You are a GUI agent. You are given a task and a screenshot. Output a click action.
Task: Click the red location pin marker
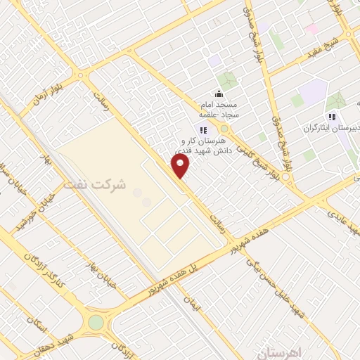(x=181, y=166)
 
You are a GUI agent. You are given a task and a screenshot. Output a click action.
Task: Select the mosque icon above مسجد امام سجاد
(x=218, y=94)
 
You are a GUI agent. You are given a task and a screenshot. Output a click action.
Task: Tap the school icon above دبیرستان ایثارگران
(x=331, y=117)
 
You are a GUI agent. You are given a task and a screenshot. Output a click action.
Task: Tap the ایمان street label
(x=191, y=304)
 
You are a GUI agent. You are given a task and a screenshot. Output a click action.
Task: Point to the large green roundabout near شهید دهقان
(x=96, y=322)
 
